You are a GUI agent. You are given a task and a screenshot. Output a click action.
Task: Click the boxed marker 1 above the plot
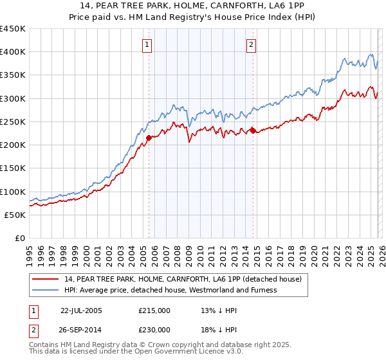click(148, 45)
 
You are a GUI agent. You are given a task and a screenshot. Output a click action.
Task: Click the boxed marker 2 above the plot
click(251, 45)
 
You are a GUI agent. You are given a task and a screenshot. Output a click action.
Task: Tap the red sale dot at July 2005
click(149, 138)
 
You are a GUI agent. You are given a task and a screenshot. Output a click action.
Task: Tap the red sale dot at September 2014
click(253, 130)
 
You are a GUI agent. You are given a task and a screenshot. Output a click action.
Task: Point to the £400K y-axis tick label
click(13, 52)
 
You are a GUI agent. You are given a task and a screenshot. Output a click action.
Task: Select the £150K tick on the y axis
click(13, 168)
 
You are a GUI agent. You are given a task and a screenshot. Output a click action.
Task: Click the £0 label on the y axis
click(19, 238)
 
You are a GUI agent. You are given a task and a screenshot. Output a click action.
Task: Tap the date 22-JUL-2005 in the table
click(81, 310)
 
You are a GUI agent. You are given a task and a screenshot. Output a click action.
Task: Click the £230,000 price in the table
click(154, 329)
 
